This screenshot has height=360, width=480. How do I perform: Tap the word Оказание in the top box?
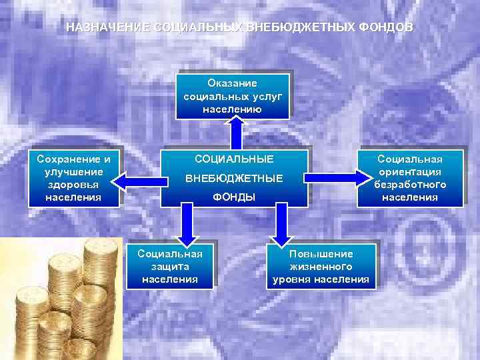point(232,83)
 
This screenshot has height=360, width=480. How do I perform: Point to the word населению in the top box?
point(232,109)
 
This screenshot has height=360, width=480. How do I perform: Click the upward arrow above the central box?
point(236,131)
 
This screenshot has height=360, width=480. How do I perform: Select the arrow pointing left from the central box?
point(141,177)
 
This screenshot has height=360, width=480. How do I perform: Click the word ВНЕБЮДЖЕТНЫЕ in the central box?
point(234,179)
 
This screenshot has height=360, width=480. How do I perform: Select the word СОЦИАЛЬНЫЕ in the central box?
point(234,160)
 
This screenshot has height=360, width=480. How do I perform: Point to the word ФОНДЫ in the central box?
point(234,197)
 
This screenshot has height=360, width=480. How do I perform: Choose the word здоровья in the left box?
point(73,185)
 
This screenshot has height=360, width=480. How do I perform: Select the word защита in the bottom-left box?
point(170,267)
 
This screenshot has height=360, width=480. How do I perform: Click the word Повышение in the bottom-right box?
point(321,254)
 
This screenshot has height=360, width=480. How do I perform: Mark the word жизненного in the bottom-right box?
point(321,267)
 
